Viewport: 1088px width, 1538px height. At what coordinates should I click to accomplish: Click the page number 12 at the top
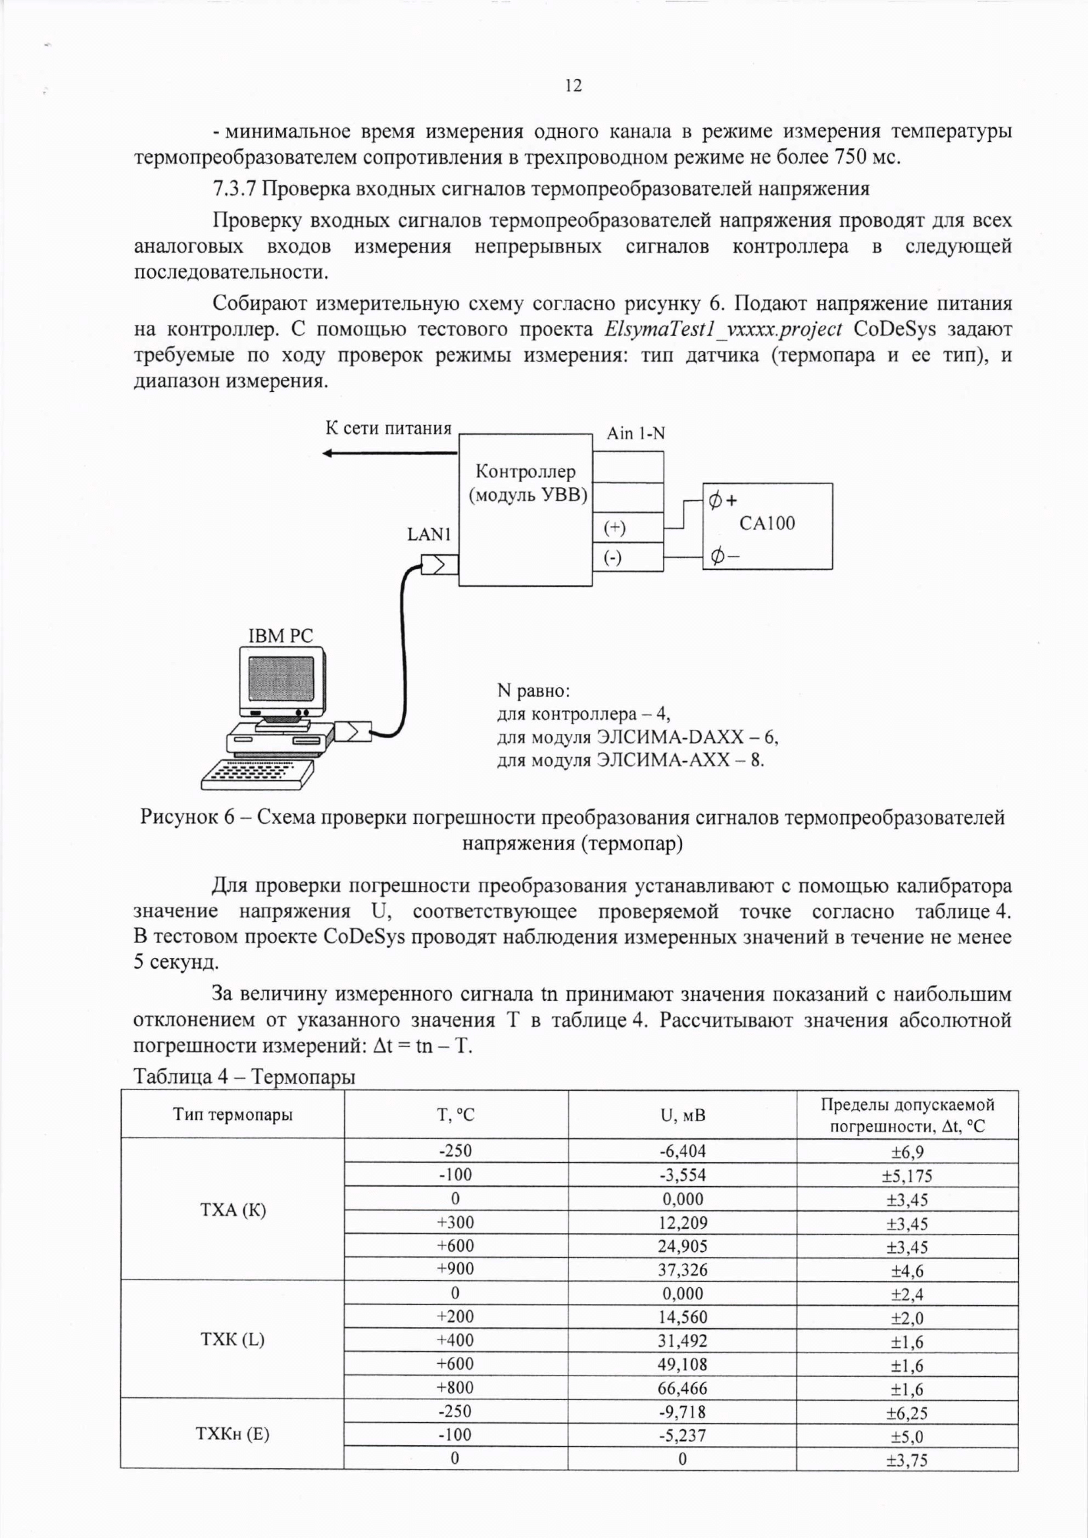pos(573,85)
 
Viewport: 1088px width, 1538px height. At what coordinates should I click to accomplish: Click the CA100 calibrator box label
pos(766,523)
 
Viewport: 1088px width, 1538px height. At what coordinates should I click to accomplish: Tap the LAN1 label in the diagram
pos(430,535)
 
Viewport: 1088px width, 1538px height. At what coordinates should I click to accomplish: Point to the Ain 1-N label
pos(635,433)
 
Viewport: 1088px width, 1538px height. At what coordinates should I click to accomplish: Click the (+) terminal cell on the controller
pos(628,529)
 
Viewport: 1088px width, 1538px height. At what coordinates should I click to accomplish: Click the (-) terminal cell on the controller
pos(628,558)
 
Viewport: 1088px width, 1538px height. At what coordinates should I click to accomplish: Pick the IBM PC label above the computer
pos(281,636)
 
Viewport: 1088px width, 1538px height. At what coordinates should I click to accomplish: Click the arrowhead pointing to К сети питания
pos(328,454)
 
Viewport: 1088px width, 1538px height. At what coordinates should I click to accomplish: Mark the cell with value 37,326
pos(682,1269)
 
